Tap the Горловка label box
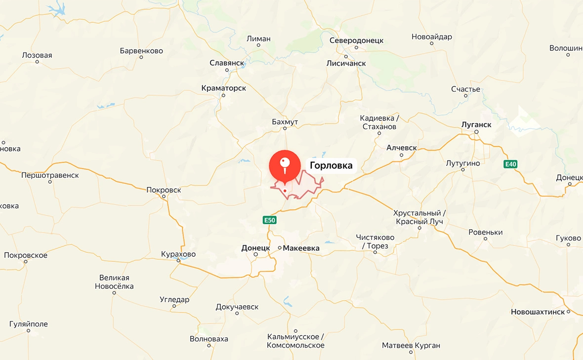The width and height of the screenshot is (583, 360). tap(331, 165)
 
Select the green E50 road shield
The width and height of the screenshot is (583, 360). tap(269, 220)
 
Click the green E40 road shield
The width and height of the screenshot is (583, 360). tap(510, 164)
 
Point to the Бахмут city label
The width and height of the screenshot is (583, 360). tap(285, 121)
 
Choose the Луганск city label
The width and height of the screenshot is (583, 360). tap(476, 124)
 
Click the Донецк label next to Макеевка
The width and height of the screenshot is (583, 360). tap(255, 247)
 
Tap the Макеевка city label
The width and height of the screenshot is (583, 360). tap(301, 248)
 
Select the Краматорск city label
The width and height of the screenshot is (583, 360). tap(223, 88)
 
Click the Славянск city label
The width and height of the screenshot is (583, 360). tap(227, 63)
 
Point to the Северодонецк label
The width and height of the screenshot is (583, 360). tap(356, 40)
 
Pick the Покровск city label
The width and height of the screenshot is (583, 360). tap(164, 190)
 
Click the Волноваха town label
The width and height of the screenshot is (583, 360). tap(209, 339)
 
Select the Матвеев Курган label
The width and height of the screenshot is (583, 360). tap(411, 345)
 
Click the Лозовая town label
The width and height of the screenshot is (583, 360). tap(37, 55)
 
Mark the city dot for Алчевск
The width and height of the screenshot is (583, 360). tap(401, 155)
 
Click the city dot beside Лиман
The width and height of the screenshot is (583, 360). tap(258, 45)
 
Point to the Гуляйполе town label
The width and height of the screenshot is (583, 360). tap(29, 324)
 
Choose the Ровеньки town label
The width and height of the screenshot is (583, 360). tap(486, 232)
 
